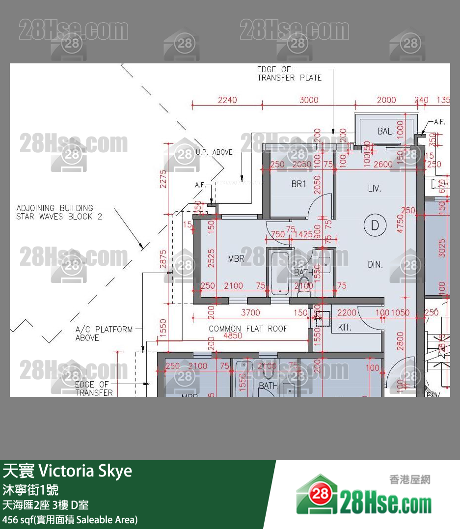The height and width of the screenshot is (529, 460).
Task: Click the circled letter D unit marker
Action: tap(375, 225)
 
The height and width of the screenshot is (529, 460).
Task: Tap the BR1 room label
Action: tap(298, 184)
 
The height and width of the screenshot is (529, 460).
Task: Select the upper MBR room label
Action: tap(236, 258)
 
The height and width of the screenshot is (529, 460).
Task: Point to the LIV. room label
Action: tap(375, 189)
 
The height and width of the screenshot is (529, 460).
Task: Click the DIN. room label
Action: tap(375, 265)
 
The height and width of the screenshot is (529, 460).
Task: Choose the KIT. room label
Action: tap(345, 327)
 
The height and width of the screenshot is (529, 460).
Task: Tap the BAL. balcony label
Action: tap(385, 132)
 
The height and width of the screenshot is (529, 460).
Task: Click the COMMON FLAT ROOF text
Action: tap(248, 329)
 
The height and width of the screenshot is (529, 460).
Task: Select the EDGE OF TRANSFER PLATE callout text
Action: tap(289, 74)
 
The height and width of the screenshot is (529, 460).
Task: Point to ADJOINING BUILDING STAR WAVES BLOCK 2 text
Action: tap(59, 212)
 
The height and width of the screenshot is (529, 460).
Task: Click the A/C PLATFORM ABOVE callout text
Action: tap(104, 333)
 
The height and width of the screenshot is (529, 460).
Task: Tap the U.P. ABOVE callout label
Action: tap(214, 152)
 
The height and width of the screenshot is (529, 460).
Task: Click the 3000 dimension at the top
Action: tap(309, 100)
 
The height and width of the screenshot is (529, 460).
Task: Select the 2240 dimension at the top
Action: tap(227, 100)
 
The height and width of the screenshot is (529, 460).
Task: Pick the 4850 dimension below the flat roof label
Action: tap(233, 336)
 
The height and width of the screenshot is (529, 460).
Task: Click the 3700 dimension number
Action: tap(251, 312)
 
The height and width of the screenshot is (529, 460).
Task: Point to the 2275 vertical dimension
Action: tap(163, 179)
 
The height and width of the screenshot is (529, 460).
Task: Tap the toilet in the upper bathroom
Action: tap(305, 285)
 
